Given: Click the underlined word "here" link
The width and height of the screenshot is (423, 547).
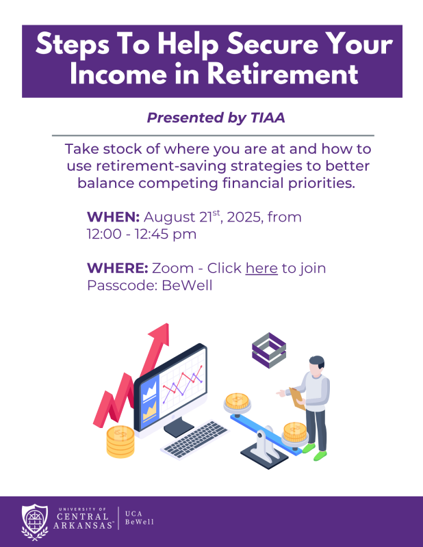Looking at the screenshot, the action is [x=261, y=268].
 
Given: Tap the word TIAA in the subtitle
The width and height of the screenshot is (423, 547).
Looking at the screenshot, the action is [x=268, y=118].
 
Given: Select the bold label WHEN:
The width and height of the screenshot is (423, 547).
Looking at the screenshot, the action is [x=113, y=217].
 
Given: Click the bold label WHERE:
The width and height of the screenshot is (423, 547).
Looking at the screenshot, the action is [x=118, y=268].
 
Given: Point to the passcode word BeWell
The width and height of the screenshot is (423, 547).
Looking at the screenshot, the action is [x=188, y=285].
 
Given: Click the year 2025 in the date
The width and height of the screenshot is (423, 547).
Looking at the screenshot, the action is [x=244, y=217].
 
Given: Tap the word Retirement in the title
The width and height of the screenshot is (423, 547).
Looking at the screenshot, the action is [x=283, y=74].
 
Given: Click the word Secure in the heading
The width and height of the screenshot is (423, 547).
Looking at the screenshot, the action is [x=272, y=44].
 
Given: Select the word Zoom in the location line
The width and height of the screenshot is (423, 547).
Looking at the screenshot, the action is [x=172, y=268].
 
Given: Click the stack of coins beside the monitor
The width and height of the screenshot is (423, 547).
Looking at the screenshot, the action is [x=120, y=441].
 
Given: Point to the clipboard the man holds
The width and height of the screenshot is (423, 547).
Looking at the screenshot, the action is [x=296, y=398].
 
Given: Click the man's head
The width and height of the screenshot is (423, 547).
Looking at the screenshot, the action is [x=316, y=366].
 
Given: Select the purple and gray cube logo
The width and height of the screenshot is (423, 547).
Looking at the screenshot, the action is [x=269, y=350].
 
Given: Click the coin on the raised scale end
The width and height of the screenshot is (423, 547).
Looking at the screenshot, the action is [x=238, y=401].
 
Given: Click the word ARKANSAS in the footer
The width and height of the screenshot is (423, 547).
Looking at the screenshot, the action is [x=83, y=525].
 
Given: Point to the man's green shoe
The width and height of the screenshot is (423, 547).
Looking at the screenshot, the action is [x=320, y=455].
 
